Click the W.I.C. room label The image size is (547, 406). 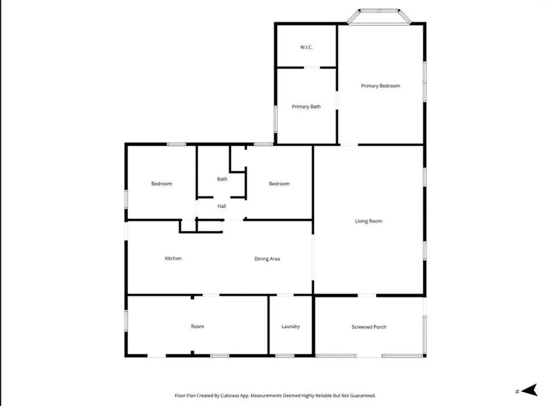pyautogui.click(x=306, y=47)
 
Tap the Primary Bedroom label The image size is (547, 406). pyautogui.click(x=380, y=86)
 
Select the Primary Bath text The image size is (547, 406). pyautogui.click(x=306, y=106)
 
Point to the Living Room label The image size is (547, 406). pyautogui.click(x=368, y=221)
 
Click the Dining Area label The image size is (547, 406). pyautogui.click(x=267, y=259)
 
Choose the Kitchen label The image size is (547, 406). pyautogui.click(x=173, y=258)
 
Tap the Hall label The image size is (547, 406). pyautogui.click(x=221, y=206)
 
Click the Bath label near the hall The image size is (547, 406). pyautogui.click(x=222, y=179)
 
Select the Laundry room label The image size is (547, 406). pyautogui.click(x=291, y=327)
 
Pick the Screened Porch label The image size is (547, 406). pyautogui.click(x=369, y=327)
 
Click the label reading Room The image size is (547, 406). pyautogui.click(x=197, y=326)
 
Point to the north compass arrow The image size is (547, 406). pyautogui.click(x=529, y=390)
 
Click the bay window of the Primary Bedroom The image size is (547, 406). pyautogui.click(x=379, y=17)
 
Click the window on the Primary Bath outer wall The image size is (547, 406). pyautogui.click(x=276, y=119)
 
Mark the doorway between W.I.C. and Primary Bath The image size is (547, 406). pyautogui.click(x=312, y=67)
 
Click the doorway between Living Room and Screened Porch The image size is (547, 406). pyautogui.click(x=367, y=295)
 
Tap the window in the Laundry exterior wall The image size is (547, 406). pyautogui.click(x=285, y=356)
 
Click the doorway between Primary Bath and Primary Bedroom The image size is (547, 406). pyautogui.click(x=337, y=100)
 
